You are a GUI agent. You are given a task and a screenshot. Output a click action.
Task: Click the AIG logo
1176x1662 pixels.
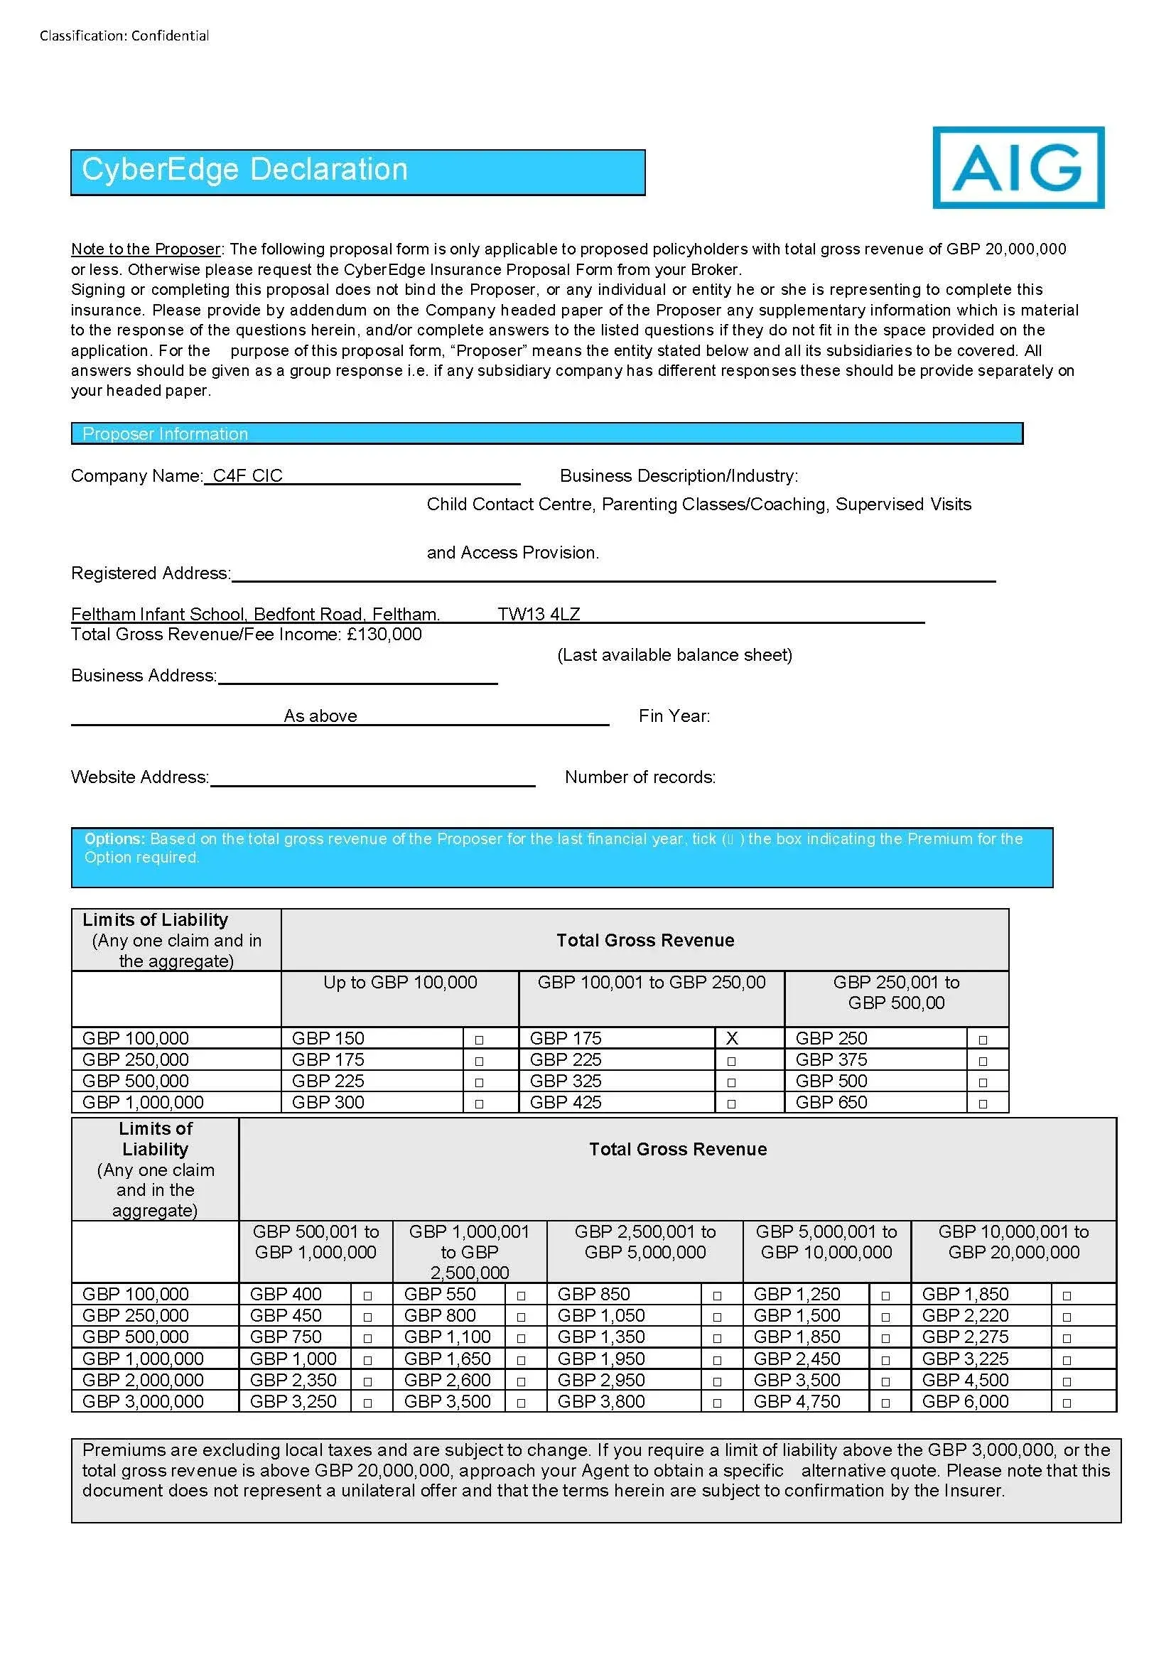(x=1018, y=167)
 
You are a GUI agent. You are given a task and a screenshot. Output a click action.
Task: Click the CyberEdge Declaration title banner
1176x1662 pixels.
(x=357, y=172)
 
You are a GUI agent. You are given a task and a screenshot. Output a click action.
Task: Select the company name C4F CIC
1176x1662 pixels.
(x=247, y=476)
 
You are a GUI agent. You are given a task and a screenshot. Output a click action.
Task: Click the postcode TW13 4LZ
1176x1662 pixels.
(x=538, y=614)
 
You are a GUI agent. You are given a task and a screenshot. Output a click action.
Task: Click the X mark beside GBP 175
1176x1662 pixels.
(x=731, y=1038)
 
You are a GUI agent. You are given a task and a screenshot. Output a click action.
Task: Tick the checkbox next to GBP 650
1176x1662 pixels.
(x=982, y=1103)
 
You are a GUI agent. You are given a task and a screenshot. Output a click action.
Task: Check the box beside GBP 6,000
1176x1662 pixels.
(x=1066, y=1402)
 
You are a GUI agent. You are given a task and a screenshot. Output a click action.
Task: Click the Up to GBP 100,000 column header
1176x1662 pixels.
(x=400, y=983)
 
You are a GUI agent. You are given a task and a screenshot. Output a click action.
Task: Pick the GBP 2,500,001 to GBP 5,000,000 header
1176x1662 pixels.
(x=644, y=1242)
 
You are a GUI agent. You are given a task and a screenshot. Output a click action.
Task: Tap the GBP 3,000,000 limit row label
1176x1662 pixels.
(x=143, y=1401)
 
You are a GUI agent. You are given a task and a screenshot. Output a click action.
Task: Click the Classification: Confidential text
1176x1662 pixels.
(x=124, y=36)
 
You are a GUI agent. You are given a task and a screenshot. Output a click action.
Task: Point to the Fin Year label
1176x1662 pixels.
(x=674, y=716)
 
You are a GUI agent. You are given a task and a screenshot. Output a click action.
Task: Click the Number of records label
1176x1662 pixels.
(x=640, y=777)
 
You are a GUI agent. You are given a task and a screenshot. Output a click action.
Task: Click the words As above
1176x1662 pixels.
(x=320, y=716)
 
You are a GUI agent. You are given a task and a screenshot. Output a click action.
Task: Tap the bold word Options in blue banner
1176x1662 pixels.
(x=114, y=838)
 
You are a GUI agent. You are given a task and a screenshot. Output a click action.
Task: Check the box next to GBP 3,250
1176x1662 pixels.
(x=367, y=1402)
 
